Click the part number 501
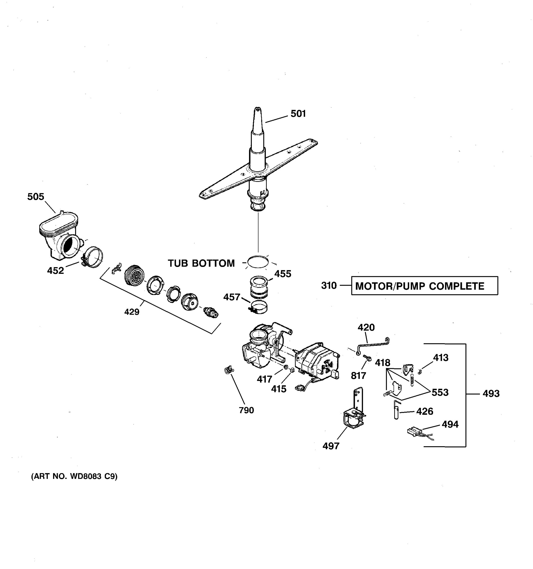298,114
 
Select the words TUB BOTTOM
201,263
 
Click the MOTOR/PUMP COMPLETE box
424,286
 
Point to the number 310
329,286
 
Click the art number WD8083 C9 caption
74,476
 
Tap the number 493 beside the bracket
491,394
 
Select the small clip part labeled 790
228,371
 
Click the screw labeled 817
366,358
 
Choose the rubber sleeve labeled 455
259,286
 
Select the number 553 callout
440,392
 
